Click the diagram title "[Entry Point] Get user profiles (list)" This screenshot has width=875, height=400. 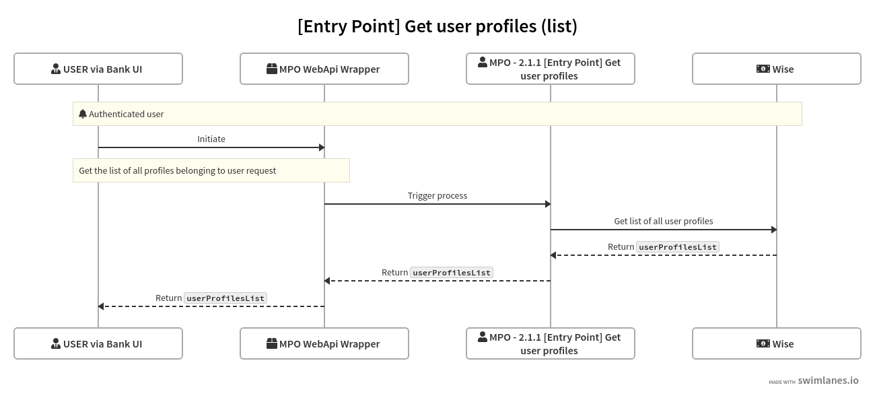point(438,26)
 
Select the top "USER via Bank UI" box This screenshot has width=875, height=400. point(98,69)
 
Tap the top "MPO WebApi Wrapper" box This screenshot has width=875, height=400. point(324,69)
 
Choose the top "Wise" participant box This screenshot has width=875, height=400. point(777,69)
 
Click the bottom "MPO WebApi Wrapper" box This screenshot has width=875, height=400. point(324,343)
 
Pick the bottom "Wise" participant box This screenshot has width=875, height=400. point(777,343)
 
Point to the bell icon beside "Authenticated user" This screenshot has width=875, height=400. point(83,114)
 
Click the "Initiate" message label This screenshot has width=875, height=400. point(211,139)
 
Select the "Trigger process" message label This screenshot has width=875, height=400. point(438,195)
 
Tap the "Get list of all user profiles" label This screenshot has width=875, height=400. point(664,221)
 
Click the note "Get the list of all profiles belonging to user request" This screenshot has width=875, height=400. point(211,170)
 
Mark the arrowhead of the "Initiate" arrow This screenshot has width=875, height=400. point(321,147)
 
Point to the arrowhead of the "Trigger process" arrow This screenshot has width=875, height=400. point(547,204)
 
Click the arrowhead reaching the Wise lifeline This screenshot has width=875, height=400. point(773,230)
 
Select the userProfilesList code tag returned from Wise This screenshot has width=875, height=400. point(678,247)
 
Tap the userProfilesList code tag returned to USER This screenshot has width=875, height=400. point(225,298)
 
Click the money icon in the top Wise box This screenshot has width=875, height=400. point(763,69)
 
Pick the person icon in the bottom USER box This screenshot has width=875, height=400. point(56,343)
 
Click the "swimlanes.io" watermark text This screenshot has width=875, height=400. point(828,380)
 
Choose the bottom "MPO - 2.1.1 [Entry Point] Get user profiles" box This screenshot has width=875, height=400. point(551,343)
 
